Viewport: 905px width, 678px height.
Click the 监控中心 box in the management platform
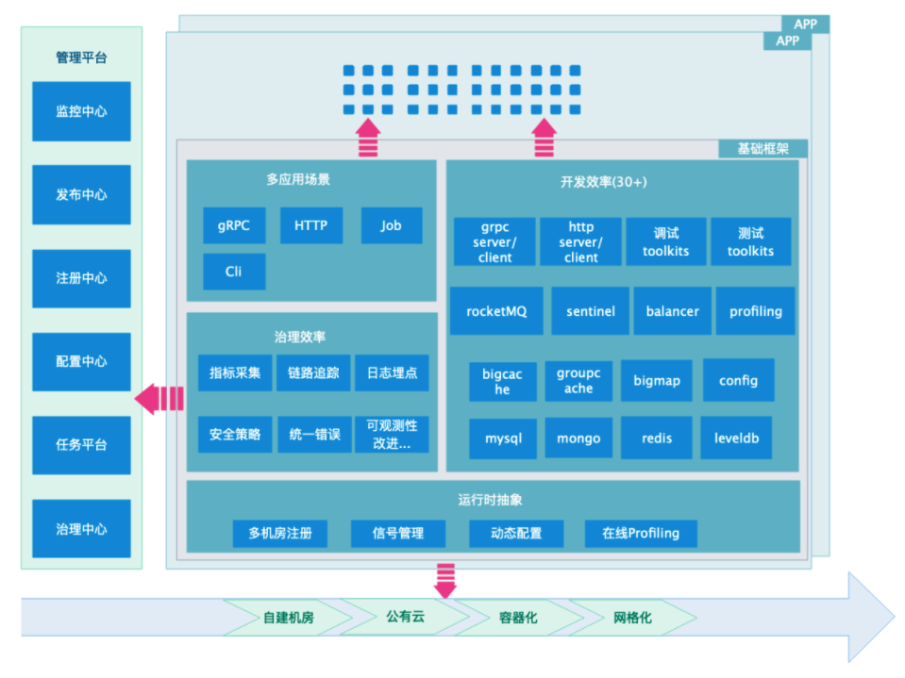(81, 111)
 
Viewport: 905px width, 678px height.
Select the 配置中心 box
(81, 361)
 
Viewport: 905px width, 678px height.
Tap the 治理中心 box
(81, 529)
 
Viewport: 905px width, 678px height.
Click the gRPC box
(234, 225)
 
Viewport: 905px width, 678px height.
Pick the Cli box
(234, 272)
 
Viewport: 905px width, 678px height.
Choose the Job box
(392, 225)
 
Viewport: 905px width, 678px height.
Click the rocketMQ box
(496, 311)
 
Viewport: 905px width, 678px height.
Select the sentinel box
(591, 311)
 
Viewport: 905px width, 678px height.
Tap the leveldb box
(736, 438)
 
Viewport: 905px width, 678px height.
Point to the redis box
(656, 438)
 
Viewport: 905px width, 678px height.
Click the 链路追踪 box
(313, 373)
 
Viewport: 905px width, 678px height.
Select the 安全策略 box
(235, 434)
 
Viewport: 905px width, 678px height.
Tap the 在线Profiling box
(641, 534)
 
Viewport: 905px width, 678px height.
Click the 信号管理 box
(398, 534)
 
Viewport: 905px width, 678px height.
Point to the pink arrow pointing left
(159, 399)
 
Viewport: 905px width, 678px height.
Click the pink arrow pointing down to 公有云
(445, 581)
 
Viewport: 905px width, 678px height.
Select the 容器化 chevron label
(518, 618)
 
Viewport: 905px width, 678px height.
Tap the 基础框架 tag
(763, 149)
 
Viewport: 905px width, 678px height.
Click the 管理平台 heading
(81, 58)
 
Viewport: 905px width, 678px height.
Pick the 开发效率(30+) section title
(604, 182)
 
